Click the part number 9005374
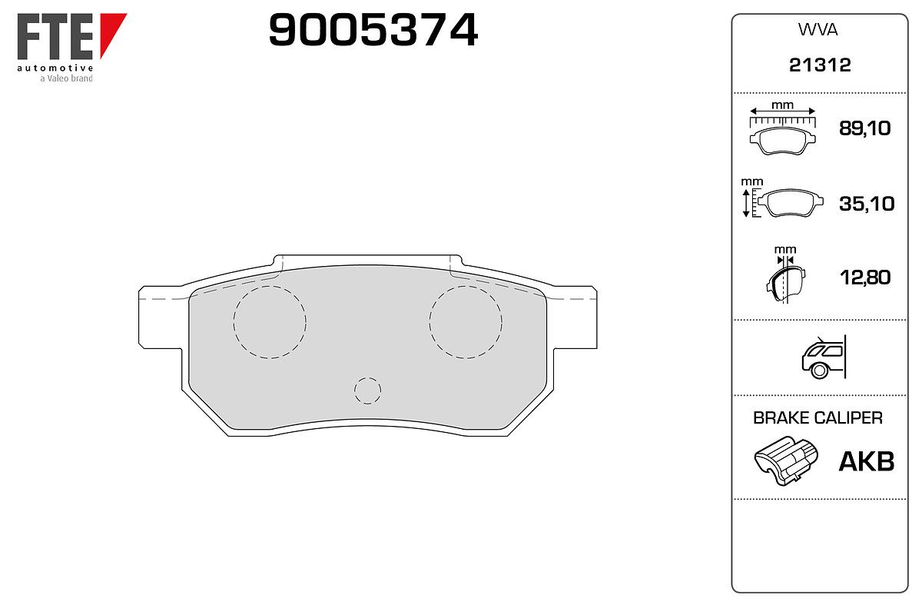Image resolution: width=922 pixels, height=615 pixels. (x=373, y=30)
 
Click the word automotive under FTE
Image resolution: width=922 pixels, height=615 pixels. (x=55, y=68)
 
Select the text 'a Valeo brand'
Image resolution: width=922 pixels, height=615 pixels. (x=66, y=78)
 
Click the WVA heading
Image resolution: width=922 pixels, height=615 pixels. (x=818, y=30)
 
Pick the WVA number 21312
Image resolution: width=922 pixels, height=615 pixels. (x=820, y=65)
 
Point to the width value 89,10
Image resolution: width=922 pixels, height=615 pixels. (x=865, y=128)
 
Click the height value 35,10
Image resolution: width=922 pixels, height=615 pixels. (x=867, y=204)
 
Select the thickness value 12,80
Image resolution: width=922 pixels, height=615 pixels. (x=865, y=278)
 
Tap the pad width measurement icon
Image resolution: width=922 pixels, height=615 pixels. (x=782, y=128)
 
